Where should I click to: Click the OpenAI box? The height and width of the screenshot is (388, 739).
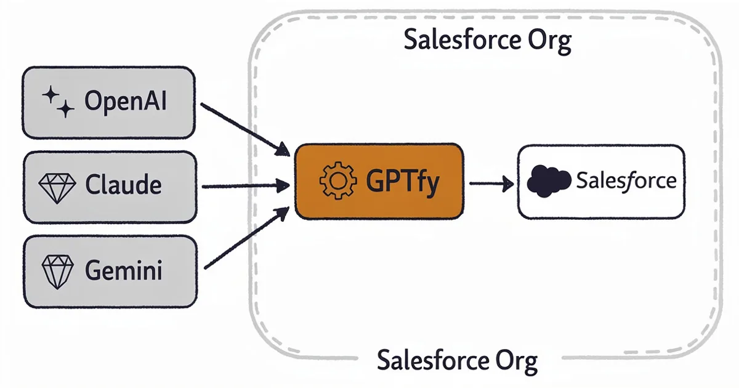(109, 102)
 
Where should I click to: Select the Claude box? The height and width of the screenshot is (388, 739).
(109, 185)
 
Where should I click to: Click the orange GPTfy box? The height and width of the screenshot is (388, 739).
(379, 181)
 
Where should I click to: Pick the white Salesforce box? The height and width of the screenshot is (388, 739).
(601, 182)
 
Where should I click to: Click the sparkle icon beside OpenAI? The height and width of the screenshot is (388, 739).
(57, 102)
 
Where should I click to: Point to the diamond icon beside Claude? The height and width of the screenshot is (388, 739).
(57, 185)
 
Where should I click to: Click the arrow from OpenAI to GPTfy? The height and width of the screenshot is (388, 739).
(245, 129)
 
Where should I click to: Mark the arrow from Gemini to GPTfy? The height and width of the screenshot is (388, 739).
(245, 239)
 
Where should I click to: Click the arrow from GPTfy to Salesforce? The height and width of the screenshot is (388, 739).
(491, 183)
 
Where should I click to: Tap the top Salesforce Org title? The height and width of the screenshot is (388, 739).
(487, 41)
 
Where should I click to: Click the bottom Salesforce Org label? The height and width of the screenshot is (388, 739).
(457, 360)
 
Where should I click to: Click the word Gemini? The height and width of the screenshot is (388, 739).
(123, 270)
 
